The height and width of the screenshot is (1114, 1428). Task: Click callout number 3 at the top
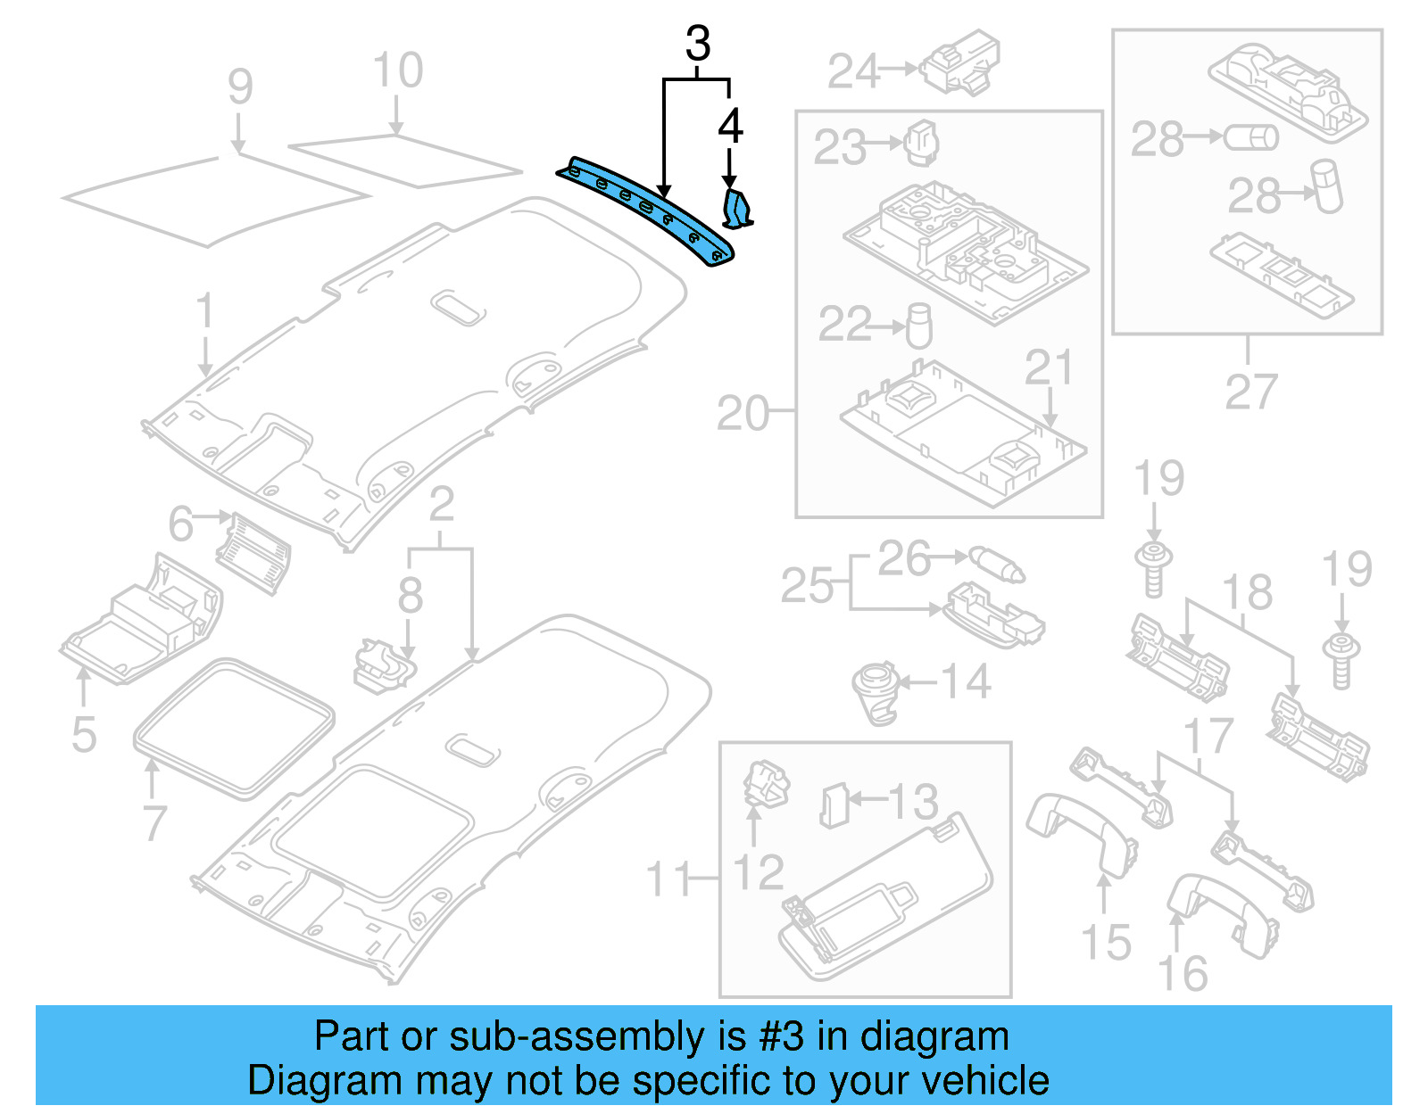pyautogui.click(x=698, y=44)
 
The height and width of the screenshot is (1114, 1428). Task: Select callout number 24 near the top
pyautogui.click(x=853, y=71)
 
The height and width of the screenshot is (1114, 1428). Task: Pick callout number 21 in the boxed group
pyautogui.click(x=1048, y=367)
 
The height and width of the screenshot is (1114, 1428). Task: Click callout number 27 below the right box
pyautogui.click(x=1251, y=392)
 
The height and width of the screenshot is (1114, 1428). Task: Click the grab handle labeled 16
pyautogui.click(x=1223, y=910)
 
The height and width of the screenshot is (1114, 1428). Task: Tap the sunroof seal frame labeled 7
pyautogui.click(x=234, y=727)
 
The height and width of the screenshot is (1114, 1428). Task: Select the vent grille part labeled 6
pyautogui.click(x=254, y=553)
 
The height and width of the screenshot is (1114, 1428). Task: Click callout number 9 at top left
pyautogui.click(x=239, y=87)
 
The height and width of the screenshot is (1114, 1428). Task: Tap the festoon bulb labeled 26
pyautogui.click(x=997, y=564)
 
